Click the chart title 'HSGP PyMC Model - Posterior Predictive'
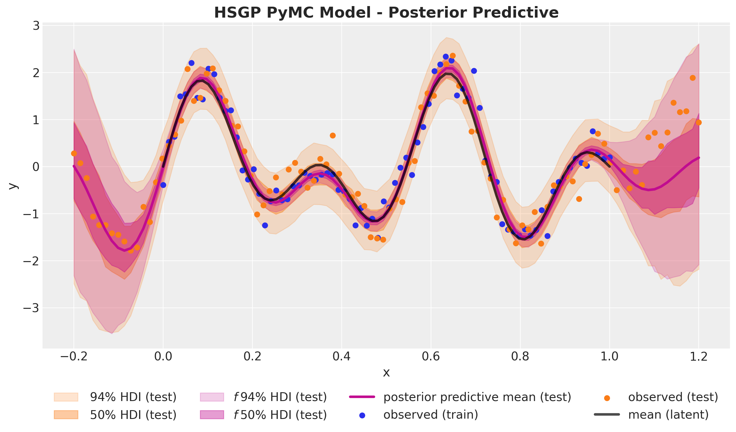point(386,13)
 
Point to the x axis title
point(386,372)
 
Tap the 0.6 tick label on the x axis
point(431,356)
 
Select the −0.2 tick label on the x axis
point(74,356)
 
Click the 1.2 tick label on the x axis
point(699,356)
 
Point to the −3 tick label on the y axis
point(32,308)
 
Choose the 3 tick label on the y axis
point(36,26)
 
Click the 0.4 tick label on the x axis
point(342,356)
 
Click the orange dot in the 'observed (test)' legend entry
point(607,398)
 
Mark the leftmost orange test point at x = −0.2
point(74,153)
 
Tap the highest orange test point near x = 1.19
point(693,78)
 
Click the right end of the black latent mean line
point(609,166)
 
